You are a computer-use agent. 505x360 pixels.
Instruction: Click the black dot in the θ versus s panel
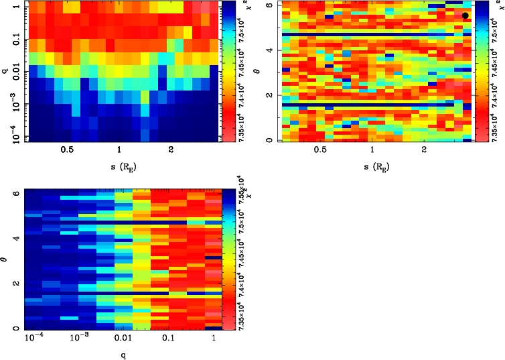click(465, 15)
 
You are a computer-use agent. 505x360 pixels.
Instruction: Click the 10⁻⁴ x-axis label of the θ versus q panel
click(35, 339)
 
